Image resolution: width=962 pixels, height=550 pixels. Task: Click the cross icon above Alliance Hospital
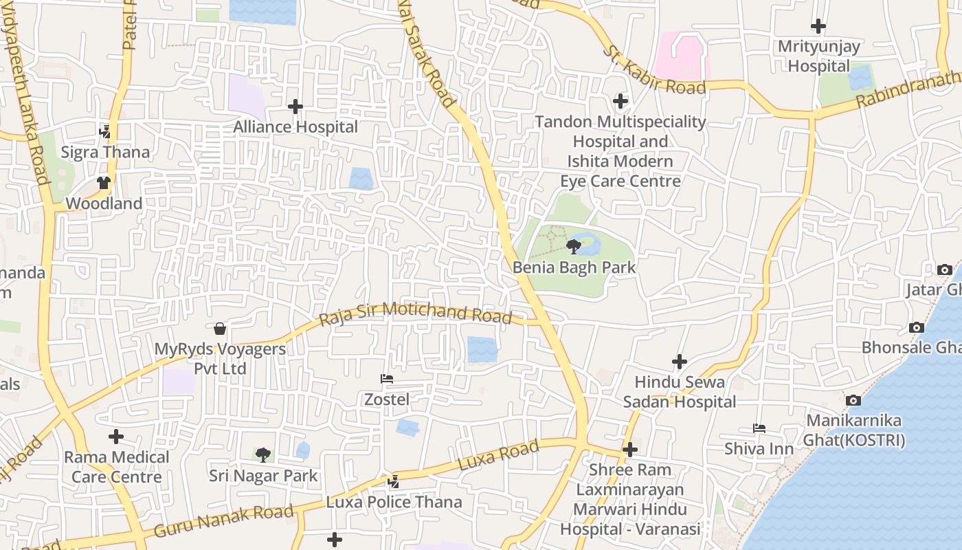(x=295, y=107)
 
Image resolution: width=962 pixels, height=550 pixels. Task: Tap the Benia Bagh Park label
(x=574, y=267)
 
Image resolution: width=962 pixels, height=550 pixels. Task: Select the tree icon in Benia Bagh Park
(x=574, y=246)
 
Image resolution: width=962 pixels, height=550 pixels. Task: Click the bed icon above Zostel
(x=387, y=379)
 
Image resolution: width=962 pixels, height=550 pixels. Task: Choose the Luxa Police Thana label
(x=394, y=502)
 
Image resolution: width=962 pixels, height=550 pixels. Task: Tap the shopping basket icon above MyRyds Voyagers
(x=220, y=329)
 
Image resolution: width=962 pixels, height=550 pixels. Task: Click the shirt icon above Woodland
(x=104, y=183)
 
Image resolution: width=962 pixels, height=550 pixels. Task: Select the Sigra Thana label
(x=105, y=152)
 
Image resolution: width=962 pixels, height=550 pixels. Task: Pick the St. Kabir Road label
(x=654, y=71)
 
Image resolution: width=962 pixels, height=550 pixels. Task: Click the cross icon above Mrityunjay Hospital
(x=818, y=26)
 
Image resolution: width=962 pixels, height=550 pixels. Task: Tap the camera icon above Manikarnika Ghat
(x=853, y=400)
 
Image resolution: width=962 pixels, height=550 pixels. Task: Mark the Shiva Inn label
(x=759, y=449)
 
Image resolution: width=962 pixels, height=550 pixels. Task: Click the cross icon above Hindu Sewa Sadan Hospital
(x=680, y=361)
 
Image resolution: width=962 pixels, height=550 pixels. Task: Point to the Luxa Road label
(x=498, y=456)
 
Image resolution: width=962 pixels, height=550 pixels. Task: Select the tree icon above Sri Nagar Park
(x=262, y=454)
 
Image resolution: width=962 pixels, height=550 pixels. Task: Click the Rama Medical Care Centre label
(x=117, y=467)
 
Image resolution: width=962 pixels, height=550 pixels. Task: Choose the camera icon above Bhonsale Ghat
(x=916, y=327)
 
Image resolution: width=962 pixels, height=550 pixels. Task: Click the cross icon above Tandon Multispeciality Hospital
(x=620, y=101)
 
